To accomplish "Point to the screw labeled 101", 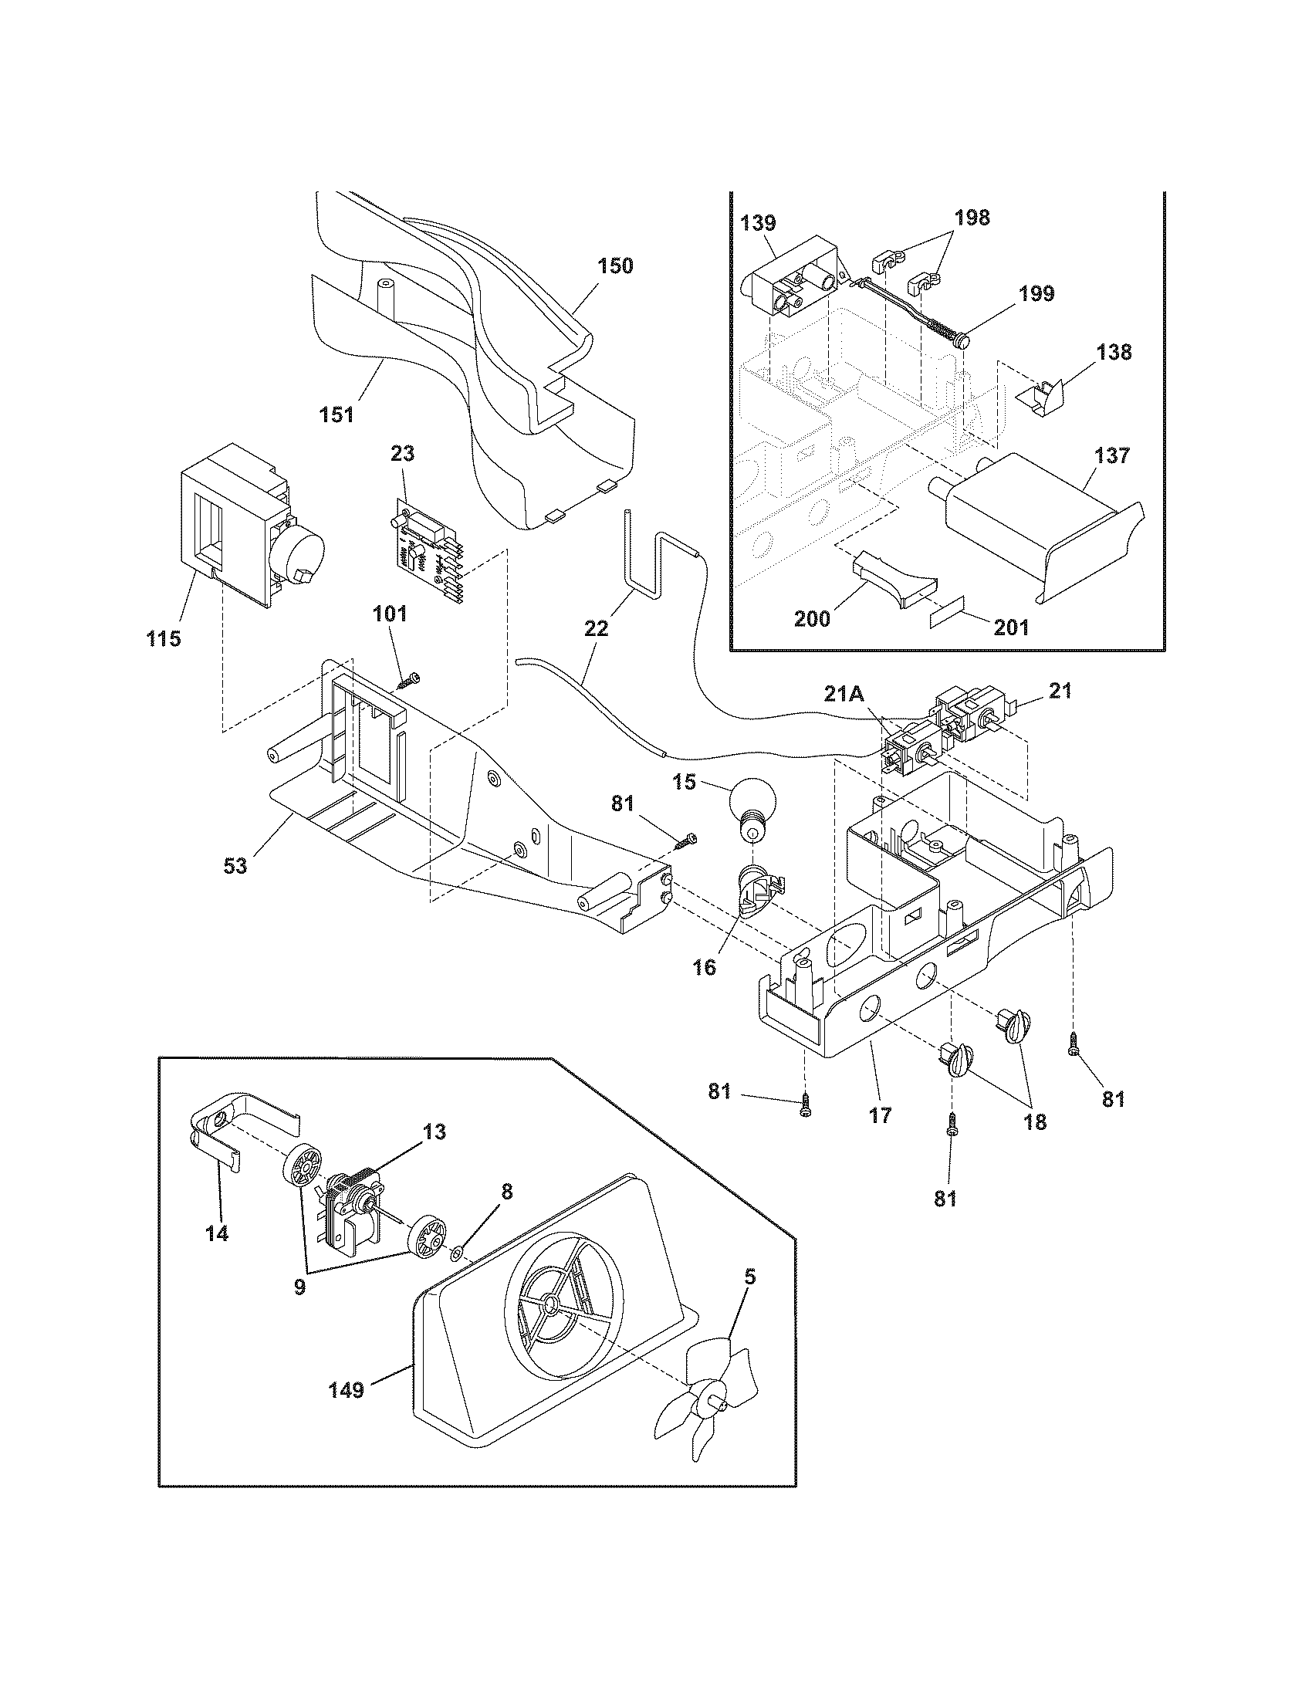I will (x=408, y=682).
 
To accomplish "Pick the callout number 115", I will (x=163, y=638).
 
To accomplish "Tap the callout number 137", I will (x=1111, y=455).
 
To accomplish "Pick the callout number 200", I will (x=811, y=619).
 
